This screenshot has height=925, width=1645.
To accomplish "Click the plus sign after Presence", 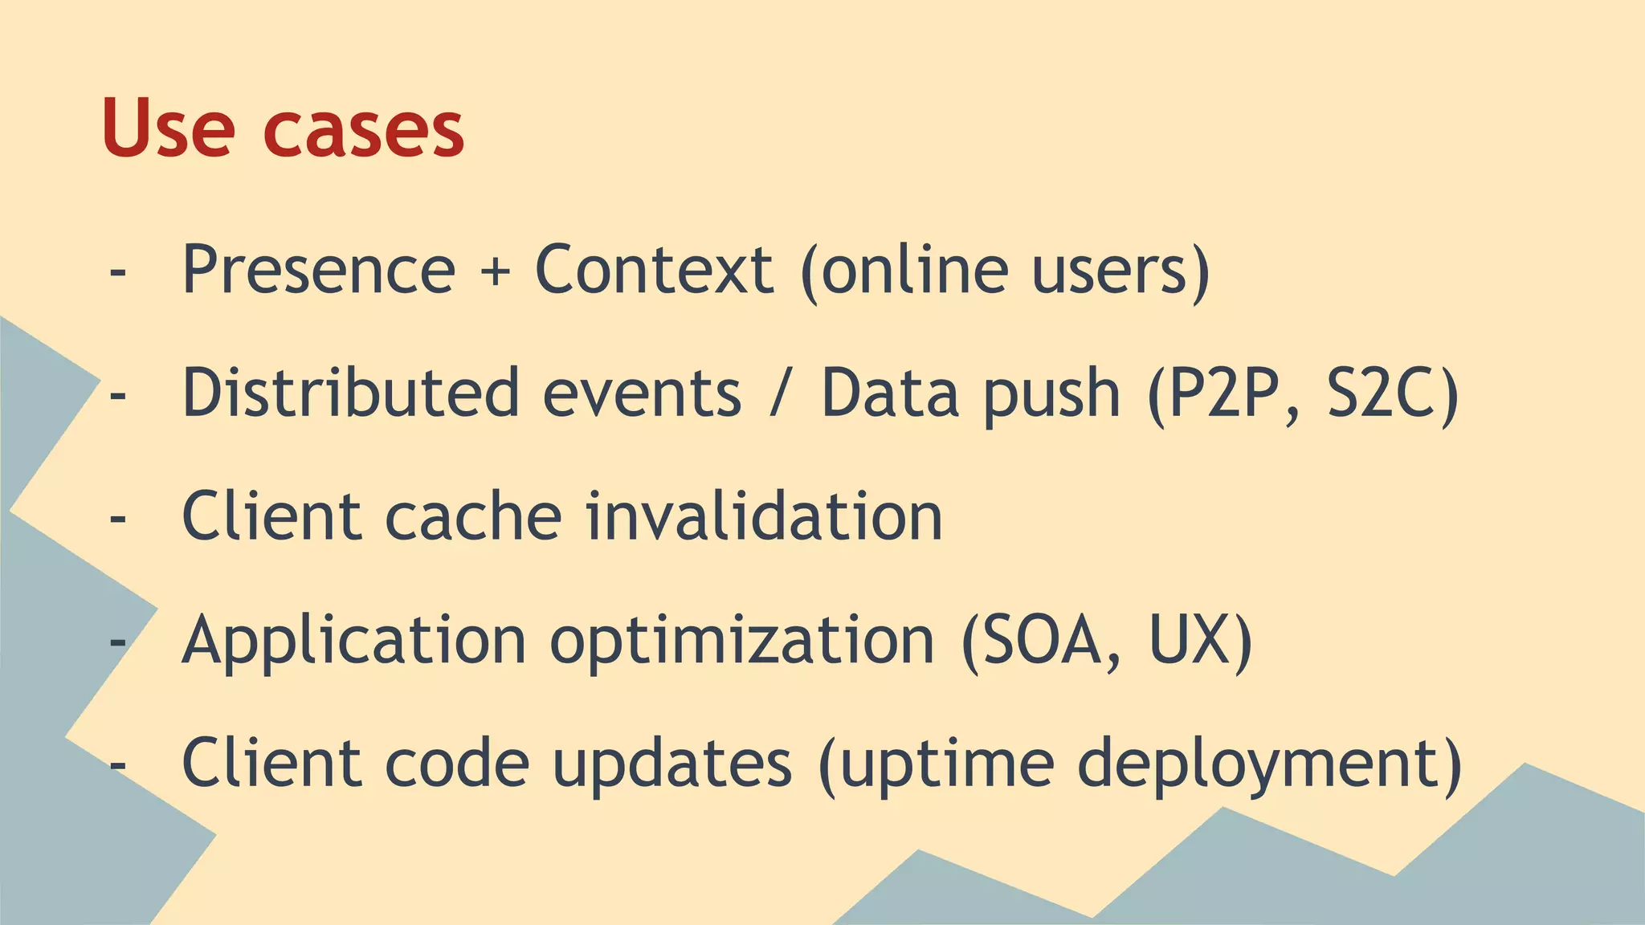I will pyautogui.click(x=496, y=271).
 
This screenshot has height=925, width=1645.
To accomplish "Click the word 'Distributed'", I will pyautogui.click(x=350, y=393).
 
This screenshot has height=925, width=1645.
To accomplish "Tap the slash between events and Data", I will pyautogui.click(x=777, y=393).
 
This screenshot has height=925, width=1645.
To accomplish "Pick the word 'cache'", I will pyautogui.click(x=474, y=516).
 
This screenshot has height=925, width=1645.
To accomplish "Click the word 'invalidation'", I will pyautogui.click(x=764, y=516).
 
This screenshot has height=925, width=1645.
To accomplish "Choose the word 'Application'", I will pyautogui.click(x=353, y=641).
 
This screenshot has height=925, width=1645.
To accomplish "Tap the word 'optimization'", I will pyautogui.click(x=742, y=641).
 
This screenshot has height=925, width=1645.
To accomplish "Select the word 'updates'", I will pyautogui.click(x=672, y=764).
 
